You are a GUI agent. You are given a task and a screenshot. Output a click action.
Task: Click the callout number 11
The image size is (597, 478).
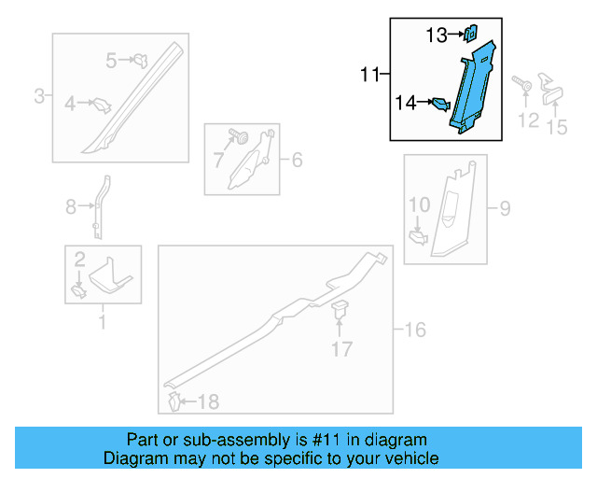tap(371, 74)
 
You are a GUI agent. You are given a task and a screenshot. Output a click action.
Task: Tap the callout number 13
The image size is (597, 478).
tap(437, 35)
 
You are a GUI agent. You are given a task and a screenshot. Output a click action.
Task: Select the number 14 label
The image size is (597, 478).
tap(406, 103)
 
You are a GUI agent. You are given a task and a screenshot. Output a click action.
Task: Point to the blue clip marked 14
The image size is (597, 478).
tap(439, 105)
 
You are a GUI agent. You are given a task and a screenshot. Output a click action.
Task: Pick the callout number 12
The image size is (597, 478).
tap(529, 119)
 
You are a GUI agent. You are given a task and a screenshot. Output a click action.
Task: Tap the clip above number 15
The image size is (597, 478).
tap(552, 91)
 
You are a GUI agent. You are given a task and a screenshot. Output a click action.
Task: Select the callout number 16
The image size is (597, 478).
tap(415, 329)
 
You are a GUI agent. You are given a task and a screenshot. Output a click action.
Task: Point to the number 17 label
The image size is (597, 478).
tap(342, 349)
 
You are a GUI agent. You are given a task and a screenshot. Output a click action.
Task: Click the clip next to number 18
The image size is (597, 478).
tap(174, 401)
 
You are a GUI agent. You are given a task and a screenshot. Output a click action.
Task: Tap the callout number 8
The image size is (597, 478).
tap(71, 207)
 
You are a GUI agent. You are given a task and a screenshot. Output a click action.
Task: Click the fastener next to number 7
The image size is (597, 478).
tap(243, 139)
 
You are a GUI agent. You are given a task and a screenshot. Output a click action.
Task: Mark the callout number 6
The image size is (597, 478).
tap(297, 161)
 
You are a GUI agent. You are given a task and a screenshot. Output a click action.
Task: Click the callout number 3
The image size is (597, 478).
tap(40, 95)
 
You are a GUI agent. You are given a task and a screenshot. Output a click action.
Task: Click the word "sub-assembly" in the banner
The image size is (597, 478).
tap(229, 440)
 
